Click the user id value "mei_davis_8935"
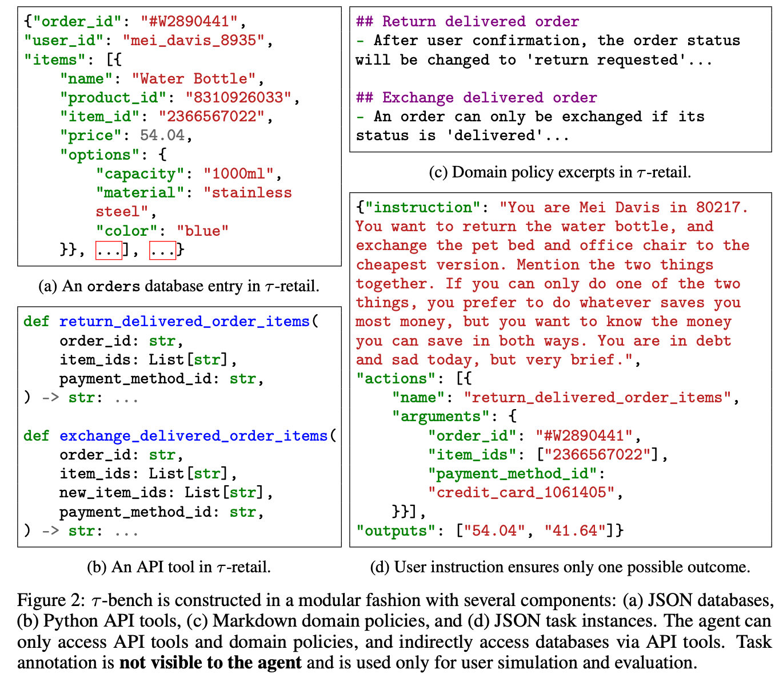tap(194, 41)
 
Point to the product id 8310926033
tap(238, 98)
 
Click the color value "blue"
tap(203, 231)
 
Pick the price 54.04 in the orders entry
tap(162, 136)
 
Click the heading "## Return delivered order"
tap(467, 22)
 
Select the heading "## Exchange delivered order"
tap(476, 98)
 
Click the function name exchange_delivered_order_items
tap(193, 436)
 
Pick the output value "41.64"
tap(574, 530)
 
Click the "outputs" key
tap(391, 530)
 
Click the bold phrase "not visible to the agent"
tap(210, 663)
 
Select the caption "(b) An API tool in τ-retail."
tap(179, 567)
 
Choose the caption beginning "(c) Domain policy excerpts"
tap(560, 172)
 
